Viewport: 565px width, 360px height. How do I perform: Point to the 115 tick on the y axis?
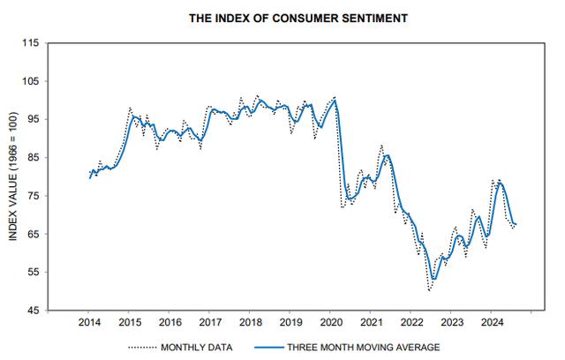point(32,43)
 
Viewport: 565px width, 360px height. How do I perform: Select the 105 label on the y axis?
point(32,81)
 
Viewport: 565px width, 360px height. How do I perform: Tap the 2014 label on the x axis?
point(88,323)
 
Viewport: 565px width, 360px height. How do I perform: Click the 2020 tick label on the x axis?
point(330,323)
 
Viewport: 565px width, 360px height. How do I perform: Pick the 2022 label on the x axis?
point(411,323)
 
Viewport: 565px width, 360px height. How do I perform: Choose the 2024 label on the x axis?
point(491,323)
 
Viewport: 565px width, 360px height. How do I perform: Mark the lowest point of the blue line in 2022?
point(434,279)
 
